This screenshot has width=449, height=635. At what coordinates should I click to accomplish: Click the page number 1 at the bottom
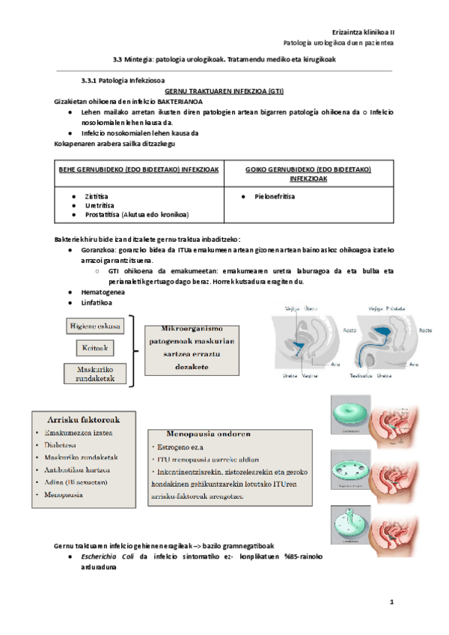(391, 601)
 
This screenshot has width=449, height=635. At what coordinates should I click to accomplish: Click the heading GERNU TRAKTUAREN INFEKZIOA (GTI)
(224, 89)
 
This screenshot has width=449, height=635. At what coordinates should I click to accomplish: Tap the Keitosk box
(96, 348)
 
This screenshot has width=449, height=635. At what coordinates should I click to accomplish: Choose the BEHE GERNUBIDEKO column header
(135, 169)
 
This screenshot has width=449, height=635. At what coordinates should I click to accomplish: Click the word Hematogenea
(103, 292)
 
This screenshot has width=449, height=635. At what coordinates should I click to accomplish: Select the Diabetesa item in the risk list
(66, 444)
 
